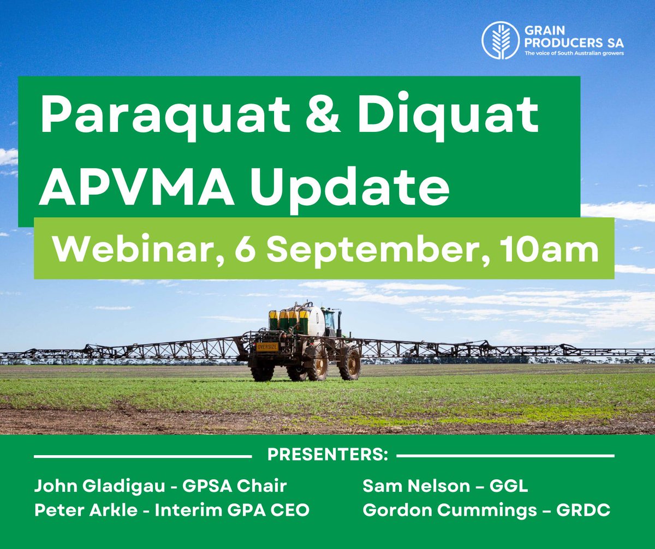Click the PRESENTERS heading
point(324,456)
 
